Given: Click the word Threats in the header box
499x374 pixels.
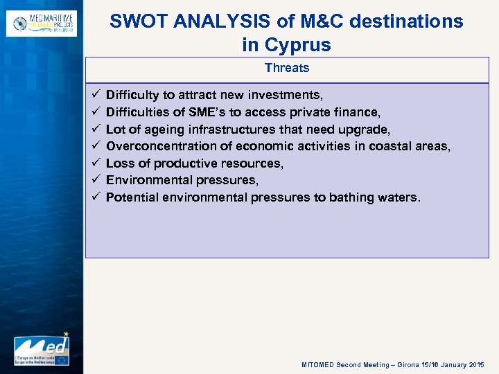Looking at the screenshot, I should (286, 68).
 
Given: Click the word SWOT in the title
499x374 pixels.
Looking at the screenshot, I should (137, 21).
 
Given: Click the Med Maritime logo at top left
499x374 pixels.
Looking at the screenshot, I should (42, 23).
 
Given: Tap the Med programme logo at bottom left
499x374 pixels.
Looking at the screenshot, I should (42, 348).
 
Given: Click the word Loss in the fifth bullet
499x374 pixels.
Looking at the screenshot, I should (121, 163).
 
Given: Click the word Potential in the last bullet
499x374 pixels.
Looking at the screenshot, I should (132, 197).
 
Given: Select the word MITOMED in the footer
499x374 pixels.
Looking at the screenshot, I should (318, 364).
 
